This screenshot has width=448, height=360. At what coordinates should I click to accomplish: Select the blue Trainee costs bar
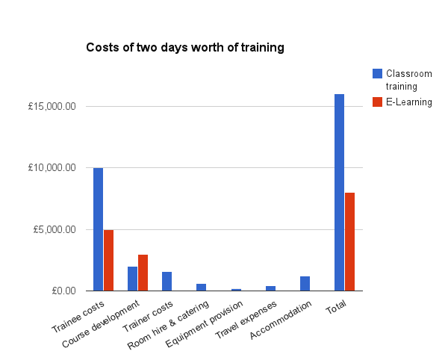coord(98,229)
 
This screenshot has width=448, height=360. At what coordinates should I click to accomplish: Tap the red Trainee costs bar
coord(108,260)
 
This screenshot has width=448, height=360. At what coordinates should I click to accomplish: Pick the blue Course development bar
coord(132,279)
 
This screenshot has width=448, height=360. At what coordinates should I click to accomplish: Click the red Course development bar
coord(143,273)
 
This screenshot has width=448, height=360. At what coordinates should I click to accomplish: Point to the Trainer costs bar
coord(167,281)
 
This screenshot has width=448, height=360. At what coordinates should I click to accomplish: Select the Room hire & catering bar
coord(201,287)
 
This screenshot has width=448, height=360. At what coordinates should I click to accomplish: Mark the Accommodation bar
coord(305,283)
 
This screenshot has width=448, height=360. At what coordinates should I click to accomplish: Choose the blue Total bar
coord(339,192)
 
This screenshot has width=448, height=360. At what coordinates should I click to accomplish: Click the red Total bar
coord(349,241)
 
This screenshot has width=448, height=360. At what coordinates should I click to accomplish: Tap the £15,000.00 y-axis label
coord(52,107)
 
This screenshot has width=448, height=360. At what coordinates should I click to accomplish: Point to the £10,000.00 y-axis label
coord(52,168)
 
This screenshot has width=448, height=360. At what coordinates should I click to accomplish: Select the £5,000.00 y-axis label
coord(55,229)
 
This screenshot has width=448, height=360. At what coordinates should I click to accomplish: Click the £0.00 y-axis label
coord(61,291)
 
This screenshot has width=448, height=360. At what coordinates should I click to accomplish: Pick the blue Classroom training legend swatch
coord(377,73)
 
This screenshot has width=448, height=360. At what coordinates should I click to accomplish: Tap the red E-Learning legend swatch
coord(377,102)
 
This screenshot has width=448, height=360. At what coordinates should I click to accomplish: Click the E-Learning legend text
coord(409,102)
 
